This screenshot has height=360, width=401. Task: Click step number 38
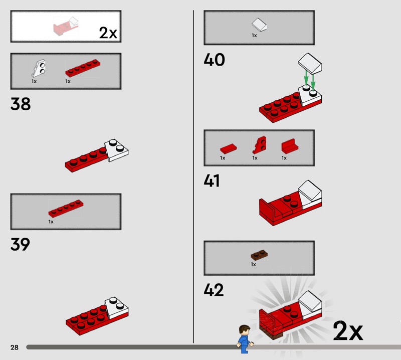(21, 104)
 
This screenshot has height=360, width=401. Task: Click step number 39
(20, 244)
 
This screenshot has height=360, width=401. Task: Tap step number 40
(215, 60)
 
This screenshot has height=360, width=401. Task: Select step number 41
(212, 181)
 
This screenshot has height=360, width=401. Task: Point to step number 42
(214, 290)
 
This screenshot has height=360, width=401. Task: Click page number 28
(15, 347)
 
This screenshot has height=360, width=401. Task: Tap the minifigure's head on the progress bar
(245, 330)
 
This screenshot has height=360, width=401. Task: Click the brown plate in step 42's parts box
(259, 254)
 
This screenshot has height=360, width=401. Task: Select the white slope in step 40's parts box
(259, 25)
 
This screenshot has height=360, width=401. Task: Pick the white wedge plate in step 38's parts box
(39, 68)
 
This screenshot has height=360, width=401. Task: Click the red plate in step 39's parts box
(66, 209)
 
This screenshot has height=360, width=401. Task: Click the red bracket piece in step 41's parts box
(290, 146)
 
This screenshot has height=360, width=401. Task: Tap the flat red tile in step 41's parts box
(229, 148)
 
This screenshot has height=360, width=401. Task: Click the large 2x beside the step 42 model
(348, 330)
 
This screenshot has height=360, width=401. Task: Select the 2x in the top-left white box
(108, 33)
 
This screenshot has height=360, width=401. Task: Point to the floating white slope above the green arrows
(310, 63)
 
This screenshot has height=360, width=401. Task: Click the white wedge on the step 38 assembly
(117, 150)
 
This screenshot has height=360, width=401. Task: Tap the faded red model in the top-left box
(66, 27)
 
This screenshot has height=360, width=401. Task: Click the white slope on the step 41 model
(310, 191)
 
